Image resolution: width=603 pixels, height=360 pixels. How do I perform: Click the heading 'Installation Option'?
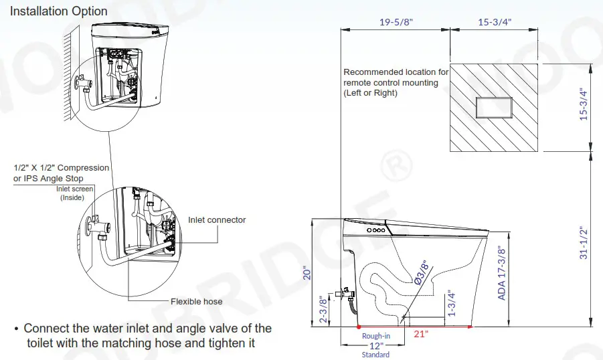click(x=58, y=11)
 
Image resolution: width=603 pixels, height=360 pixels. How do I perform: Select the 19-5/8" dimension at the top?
click(x=396, y=21)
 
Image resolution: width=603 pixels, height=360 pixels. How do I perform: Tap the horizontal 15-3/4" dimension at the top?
click(x=495, y=21)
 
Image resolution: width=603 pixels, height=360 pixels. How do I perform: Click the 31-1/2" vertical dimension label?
click(x=584, y=242)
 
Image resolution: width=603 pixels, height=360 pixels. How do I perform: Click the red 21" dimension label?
click(x=420, y=335)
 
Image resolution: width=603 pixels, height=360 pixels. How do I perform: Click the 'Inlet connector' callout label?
click(x=216, y=220)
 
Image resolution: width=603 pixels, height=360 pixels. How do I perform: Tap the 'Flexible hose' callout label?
click(x=196, y=301)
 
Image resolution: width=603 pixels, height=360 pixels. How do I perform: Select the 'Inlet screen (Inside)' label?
click(x=75, y=193)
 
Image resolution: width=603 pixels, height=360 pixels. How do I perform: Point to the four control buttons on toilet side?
click(x=377, y=230)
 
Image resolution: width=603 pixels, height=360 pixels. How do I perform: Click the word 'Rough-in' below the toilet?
click(x=375, y=336)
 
